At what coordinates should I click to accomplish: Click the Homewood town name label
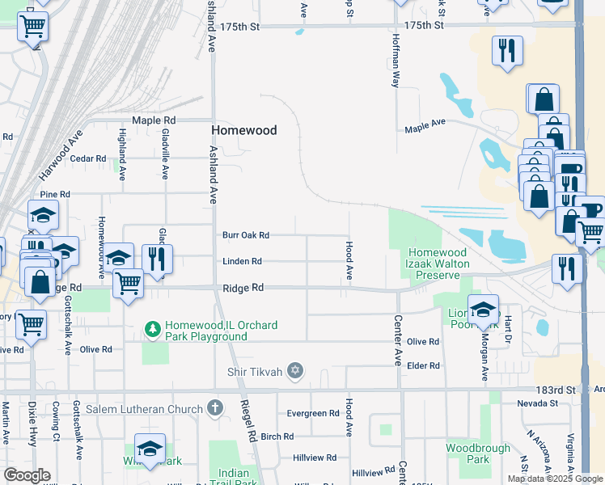tap(243, 130)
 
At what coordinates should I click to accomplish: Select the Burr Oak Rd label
tap(246, 235)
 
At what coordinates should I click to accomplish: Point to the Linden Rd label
tap(243, 261)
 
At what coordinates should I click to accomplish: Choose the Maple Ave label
tap(425, 125)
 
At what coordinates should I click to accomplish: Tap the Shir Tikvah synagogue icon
tap(295, 370)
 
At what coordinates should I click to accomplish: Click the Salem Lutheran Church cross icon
tap(214, 407)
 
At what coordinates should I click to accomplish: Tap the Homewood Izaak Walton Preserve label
tap(438, 264)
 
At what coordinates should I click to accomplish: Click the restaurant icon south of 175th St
tap(506, 49)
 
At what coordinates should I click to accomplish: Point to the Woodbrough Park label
tap(478, 453)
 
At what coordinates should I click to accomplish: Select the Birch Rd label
tap(277, 436)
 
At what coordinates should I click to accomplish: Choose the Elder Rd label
tap(424, 365)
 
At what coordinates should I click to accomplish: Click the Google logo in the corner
tap(27, 474)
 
